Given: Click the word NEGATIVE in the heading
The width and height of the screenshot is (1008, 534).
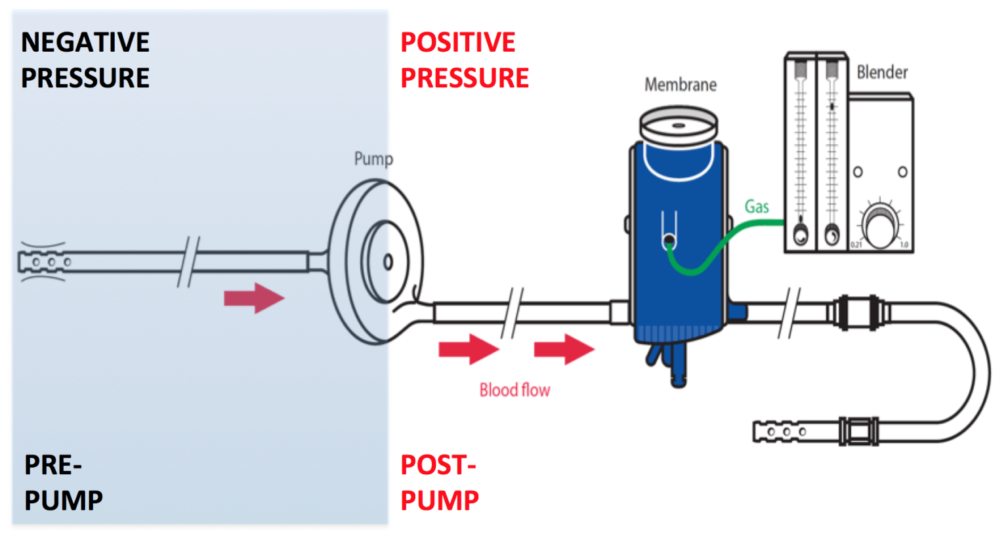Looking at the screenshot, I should (85, 43).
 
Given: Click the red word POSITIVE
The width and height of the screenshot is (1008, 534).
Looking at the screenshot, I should (457, 43).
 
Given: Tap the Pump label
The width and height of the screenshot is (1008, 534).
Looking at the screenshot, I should (373, 159).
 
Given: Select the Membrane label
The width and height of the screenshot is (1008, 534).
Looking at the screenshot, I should (680, 85).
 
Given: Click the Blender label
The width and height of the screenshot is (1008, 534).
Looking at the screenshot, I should (881, 72).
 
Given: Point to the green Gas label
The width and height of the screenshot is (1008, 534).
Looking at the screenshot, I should (756, 207).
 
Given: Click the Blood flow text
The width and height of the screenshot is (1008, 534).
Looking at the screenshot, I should (514, 390).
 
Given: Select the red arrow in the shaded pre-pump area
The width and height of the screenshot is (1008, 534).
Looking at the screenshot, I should (253, 298).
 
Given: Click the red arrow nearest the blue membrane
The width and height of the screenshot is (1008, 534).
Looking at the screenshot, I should (564, 349).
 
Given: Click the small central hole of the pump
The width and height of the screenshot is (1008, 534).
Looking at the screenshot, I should (388, 262).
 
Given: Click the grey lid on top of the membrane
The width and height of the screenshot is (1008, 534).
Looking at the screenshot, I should (679, 125).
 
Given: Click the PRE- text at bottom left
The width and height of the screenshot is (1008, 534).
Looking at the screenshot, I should (52, 466).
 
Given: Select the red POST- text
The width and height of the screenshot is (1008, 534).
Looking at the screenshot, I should (438, 466).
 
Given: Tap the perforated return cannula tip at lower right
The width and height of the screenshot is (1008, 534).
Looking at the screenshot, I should (781, 432).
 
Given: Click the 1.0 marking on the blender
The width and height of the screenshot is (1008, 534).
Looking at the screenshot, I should (904, 245).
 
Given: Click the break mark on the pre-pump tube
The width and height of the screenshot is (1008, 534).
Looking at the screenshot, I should (188, 262).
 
